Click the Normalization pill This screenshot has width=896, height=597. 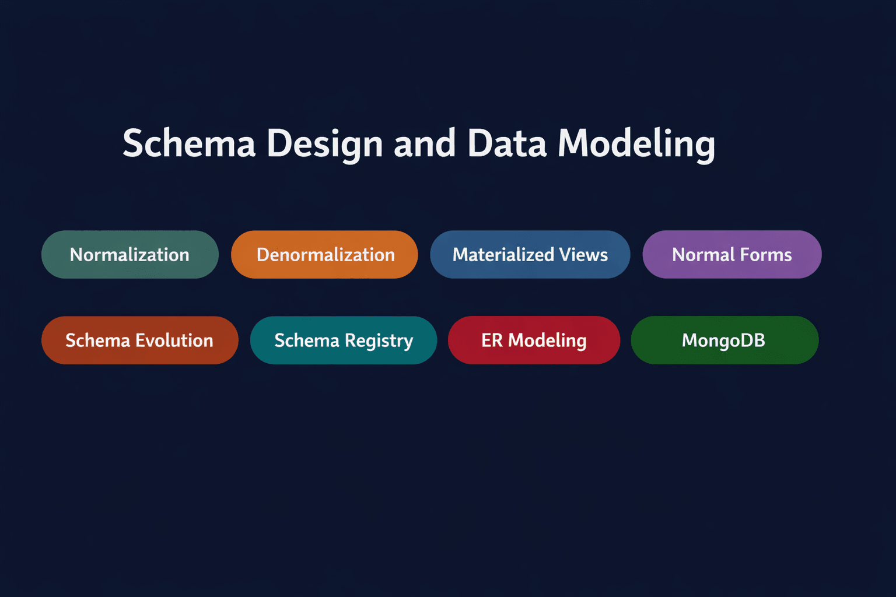[x=129, y=255]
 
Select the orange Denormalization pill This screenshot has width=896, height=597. [x=324, y=255]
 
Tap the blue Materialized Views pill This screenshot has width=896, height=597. [x=530, y=255]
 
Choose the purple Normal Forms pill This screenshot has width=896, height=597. [x=731, y=255]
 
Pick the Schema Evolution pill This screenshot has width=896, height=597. [x=139, y=340]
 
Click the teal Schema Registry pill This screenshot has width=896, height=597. [x=343, y=340]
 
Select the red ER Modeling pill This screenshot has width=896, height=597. [x=533, y=340]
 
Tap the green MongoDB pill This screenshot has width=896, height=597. [x=724, y=340]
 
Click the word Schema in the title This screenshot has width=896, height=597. [x=189, y=143]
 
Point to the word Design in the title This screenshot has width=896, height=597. [x=324, y=143]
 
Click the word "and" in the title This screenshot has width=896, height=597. [x=424, y=143]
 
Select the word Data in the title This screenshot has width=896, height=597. [x=507, y=143]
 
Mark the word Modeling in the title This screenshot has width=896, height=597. [x=636, y=143]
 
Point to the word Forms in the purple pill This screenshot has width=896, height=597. [x=766, y=255]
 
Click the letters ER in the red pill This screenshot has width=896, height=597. [x=492, y=340]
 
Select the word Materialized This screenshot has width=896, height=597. [x=503, y=255]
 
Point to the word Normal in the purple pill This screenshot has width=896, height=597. [x=703, y=255]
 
